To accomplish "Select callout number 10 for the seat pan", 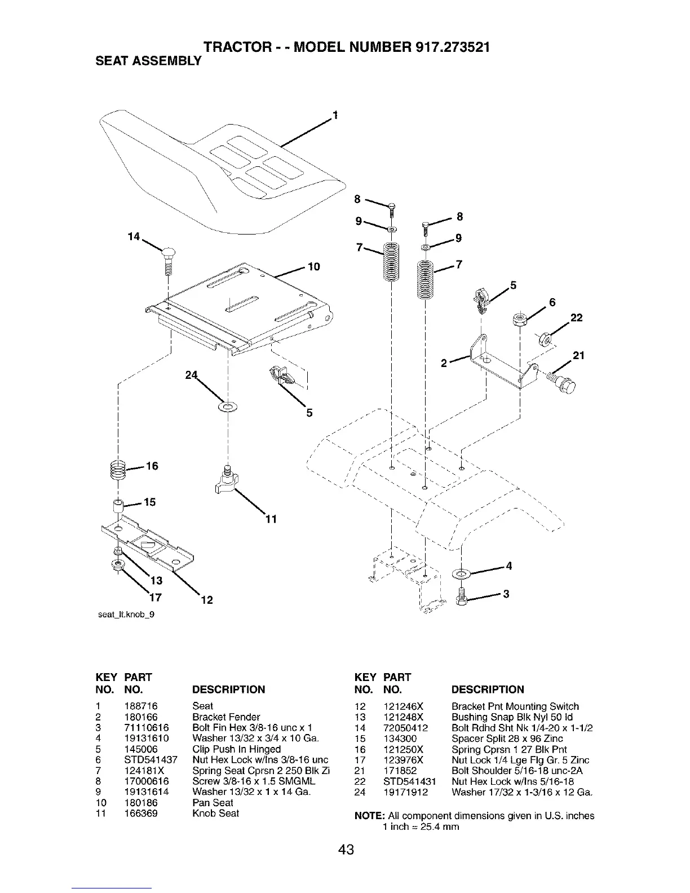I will (x=314, y=266).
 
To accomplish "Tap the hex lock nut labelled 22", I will (x=544, y=339).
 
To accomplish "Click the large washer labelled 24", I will (x=228, y=406).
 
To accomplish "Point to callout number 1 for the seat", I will (x=335, y=116).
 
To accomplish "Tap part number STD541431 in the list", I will (x=409, y=781).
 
